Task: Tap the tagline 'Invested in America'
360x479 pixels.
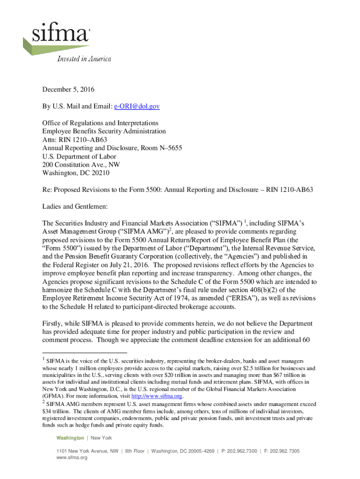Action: (x=84, y=59)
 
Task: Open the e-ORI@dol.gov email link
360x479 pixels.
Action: (x=137, y=107)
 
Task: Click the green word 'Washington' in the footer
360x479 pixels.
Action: (x=70, y=438)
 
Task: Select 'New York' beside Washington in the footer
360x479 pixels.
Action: (x=101, y=438)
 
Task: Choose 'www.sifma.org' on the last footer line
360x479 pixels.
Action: (x=72, y=457)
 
